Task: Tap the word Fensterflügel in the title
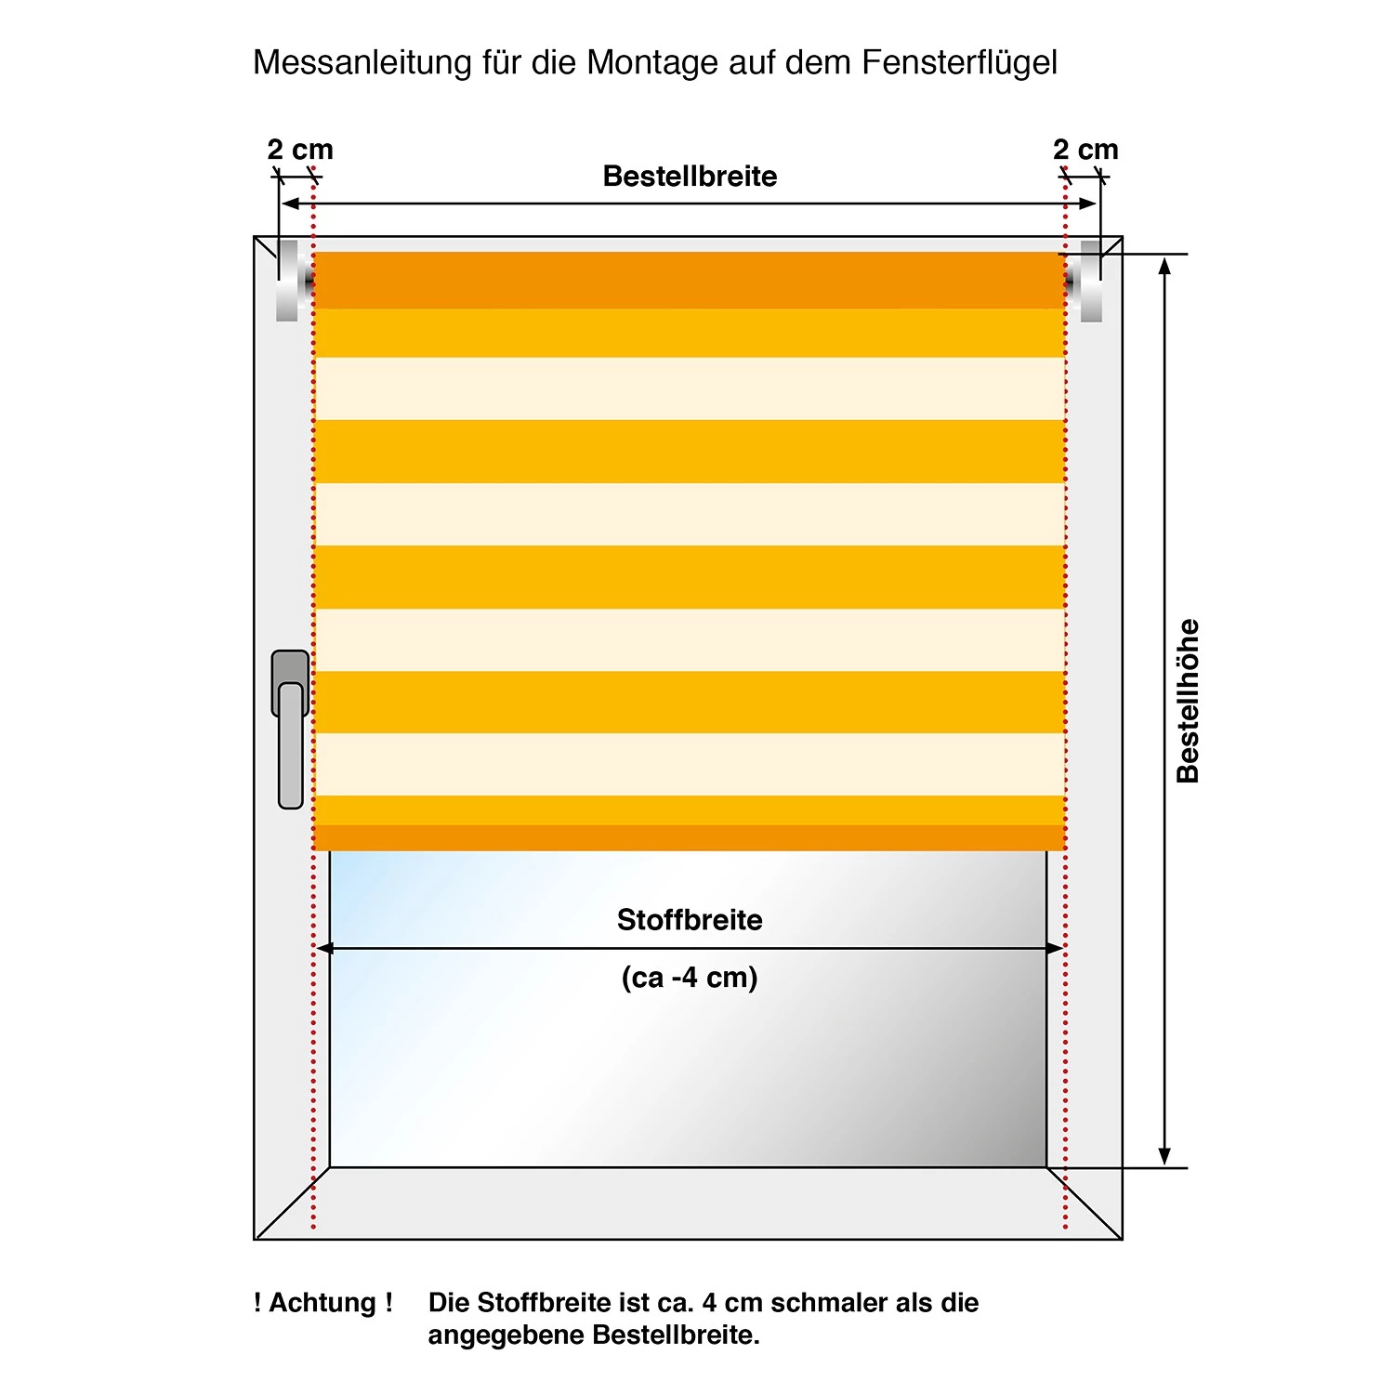(x=959, y=63)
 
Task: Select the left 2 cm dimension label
(x=299, y=150)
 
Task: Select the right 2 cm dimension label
(x=1085, y=150)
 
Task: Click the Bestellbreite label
(x=690, y=177)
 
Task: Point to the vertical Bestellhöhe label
(x=1188, y=702)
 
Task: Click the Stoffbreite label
(x=690, y=920)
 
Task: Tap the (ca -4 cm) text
(x=690, y=978)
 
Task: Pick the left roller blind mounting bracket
(x=290, y=281)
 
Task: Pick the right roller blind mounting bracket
(x=1089, y=281)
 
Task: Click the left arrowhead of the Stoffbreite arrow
(x=324, y=949)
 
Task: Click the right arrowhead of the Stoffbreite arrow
(x=1055, y=949)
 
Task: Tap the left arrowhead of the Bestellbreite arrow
(x=290, y=204)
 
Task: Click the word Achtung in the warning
(x=322, y=1303)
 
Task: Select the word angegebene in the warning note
(x=506, y=1335)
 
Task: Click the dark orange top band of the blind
(x=690, y=280)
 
